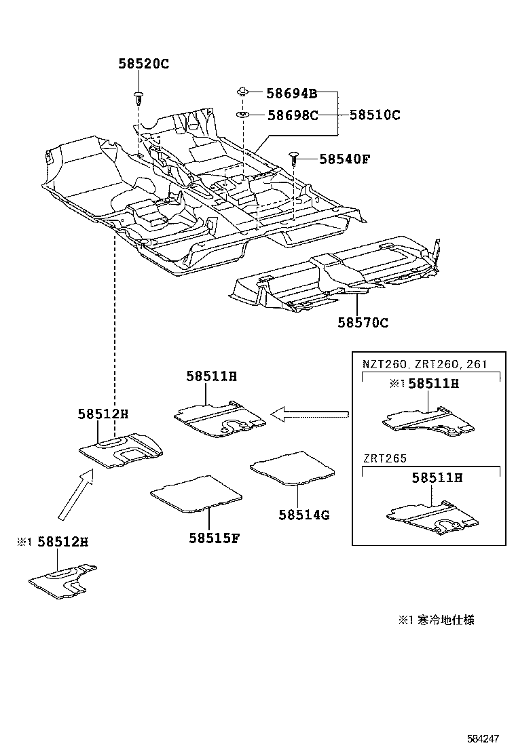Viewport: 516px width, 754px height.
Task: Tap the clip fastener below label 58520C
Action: [x=139, y=96]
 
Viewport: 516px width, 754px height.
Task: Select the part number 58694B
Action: [x=291, y=94]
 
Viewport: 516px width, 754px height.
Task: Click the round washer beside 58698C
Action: [x=242, y=115]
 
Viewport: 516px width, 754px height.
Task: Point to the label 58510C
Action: [x=375, y=115]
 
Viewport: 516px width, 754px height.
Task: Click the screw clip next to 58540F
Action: [x=295, y=159]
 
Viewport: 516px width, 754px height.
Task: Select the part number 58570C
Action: [x=363, y=323]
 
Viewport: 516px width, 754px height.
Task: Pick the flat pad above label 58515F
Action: [x=196, y=492]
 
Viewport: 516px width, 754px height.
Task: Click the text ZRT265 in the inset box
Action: [x=384, y=458]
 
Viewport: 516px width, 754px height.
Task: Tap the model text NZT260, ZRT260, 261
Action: [x=424, y=364]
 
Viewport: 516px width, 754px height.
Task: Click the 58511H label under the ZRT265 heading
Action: [x=437, y=478]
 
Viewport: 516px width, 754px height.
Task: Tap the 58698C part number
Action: [x=292, y=115]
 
